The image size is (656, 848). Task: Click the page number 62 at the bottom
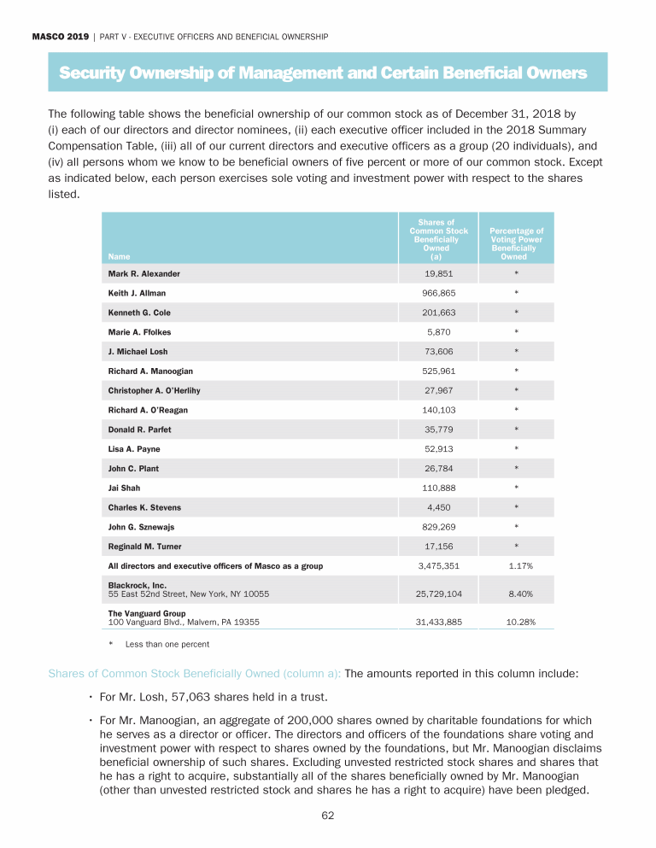(x=327, y=816)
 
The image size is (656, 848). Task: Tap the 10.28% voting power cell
(x=520, y=623)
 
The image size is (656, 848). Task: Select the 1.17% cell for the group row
(x=520, y=566)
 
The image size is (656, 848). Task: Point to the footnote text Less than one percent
(x=167, y=643)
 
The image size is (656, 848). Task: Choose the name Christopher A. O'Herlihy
(x=154, y=390)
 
